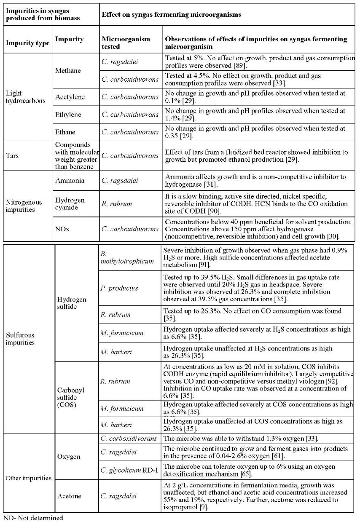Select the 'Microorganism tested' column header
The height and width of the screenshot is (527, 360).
click(x=126, y=43)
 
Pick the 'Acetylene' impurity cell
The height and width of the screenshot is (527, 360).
click(x=70, y=97)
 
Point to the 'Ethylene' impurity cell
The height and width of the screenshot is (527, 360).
click(x=69, y=115)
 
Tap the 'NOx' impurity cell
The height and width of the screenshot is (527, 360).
click(x=64, y=229)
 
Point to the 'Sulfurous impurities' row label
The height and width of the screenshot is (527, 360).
click(x=20, y=339)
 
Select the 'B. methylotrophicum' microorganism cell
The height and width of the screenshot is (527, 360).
click(x=126, y=257)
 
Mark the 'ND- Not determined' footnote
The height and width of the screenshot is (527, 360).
click(x=33, y=518)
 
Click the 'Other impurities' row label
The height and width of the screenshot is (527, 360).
click(x=28, y=478)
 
